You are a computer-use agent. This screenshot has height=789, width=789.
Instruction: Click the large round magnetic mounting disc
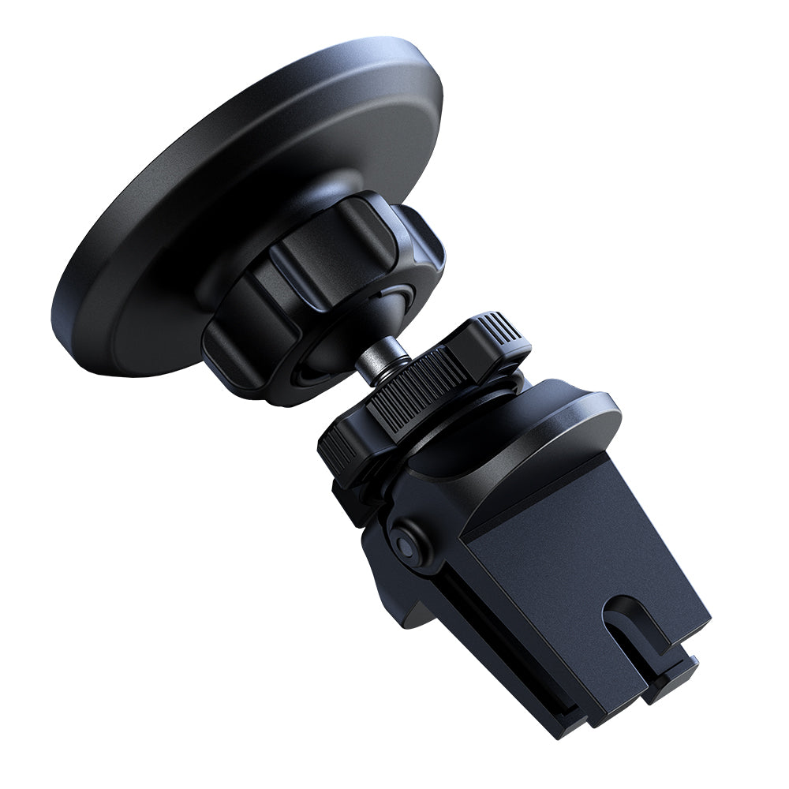[197, 181]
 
